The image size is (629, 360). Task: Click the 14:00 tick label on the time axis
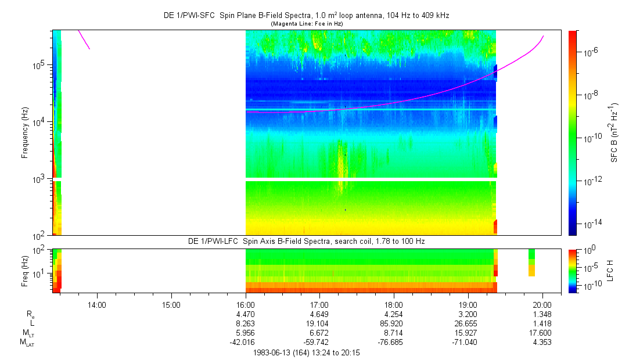96,305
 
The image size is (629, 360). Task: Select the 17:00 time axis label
319,305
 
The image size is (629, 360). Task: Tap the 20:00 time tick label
543,305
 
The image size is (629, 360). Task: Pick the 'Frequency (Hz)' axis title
25,133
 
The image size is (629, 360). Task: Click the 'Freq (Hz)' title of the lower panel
25,271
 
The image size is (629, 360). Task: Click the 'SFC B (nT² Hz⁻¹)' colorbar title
614,133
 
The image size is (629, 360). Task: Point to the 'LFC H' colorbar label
610,271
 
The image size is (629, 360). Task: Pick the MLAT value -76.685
391,343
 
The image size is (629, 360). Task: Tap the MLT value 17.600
540,333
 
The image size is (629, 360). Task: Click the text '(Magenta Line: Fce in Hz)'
307,24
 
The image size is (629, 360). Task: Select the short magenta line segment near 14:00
84,39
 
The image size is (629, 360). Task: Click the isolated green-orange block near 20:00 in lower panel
531,262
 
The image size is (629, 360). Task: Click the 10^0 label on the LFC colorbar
588,250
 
